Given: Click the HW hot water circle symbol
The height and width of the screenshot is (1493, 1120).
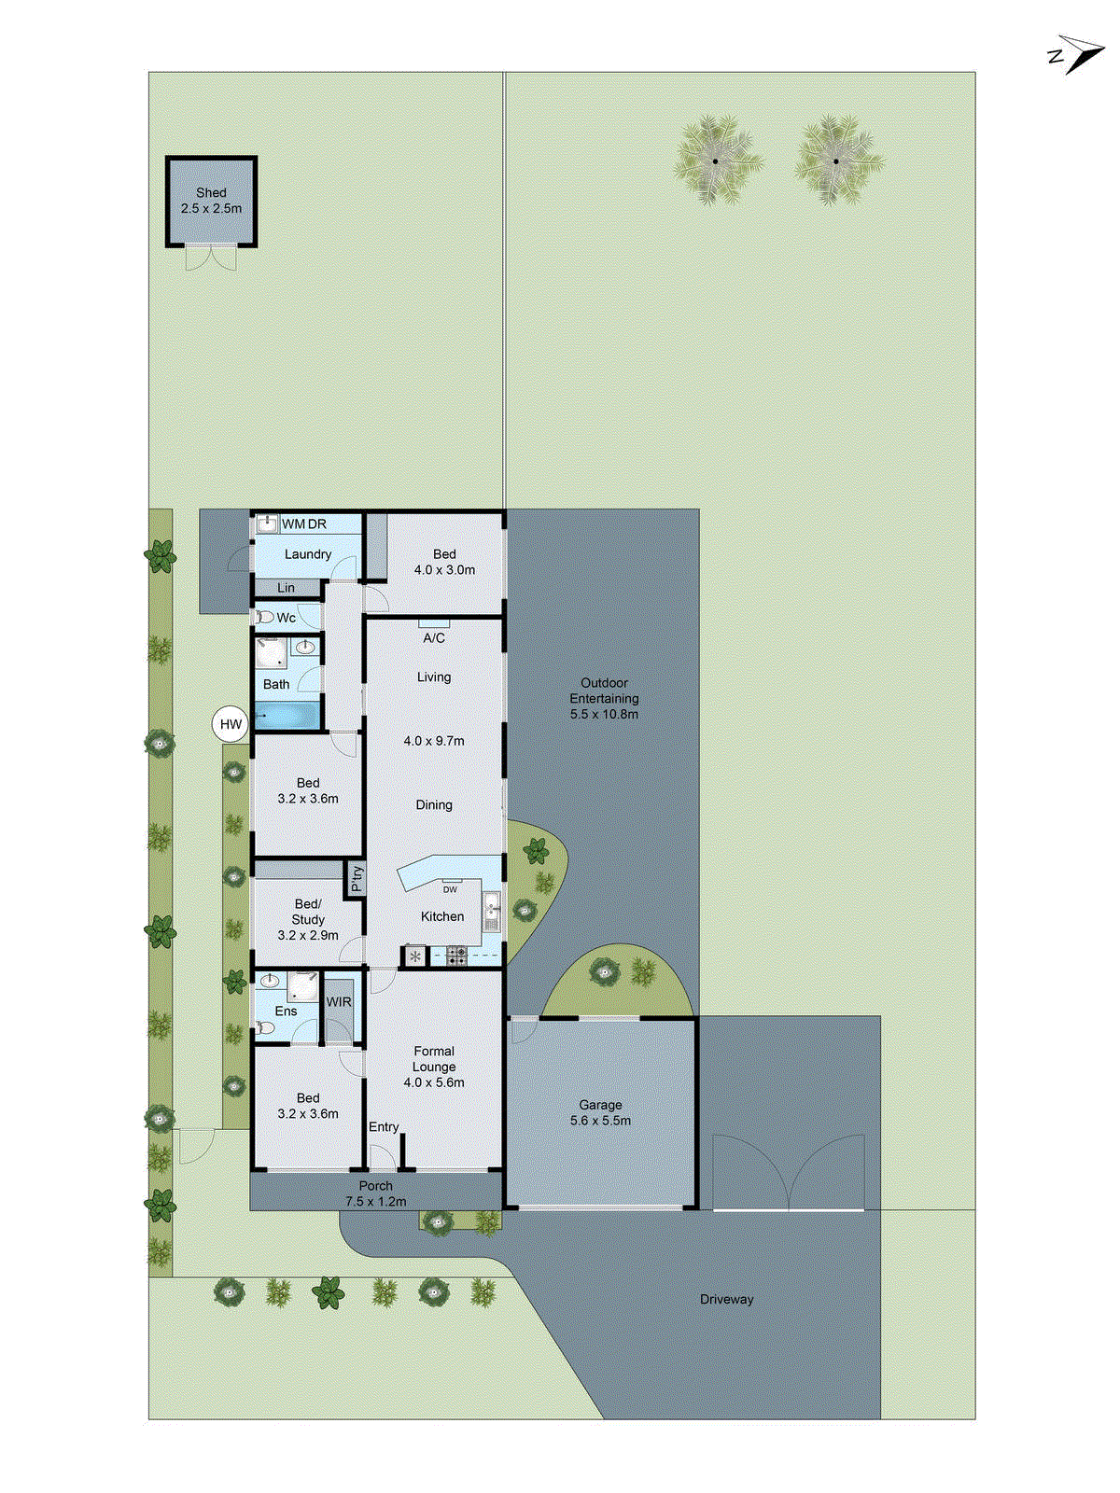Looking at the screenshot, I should click(231, 724).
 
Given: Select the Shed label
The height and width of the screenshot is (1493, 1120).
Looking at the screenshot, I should click(211, 192).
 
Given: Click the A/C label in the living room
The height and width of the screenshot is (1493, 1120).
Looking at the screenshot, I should click(434, 638).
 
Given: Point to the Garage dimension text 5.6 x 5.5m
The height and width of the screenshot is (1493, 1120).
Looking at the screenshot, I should click(600, 1121).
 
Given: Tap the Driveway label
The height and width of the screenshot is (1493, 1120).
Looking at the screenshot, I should click(726, 1299).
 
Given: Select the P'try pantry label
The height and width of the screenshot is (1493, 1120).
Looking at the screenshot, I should click(356, 879).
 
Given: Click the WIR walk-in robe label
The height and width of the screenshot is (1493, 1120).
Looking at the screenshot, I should click(339, 1002).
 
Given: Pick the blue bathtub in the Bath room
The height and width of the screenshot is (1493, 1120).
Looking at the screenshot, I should click(288, 717).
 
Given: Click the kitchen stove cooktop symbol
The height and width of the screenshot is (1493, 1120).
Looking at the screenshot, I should click(456, 955).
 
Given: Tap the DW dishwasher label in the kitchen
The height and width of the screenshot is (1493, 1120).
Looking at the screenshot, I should click(450, 889).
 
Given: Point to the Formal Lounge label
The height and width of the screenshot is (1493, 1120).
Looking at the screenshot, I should click(434, 1058).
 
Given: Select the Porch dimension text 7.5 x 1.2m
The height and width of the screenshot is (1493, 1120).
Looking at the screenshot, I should click(375, 1202).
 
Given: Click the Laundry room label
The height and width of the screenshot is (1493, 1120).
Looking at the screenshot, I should click(307, 554).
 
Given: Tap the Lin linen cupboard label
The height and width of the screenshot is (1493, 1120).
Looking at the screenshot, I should click(286, 588).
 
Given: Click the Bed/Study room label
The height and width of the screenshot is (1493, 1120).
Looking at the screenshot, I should click(308, 912).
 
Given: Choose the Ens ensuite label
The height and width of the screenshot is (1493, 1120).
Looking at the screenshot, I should click(286, 1012).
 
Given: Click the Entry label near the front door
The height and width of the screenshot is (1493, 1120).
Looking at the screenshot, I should click(384, 1127).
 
